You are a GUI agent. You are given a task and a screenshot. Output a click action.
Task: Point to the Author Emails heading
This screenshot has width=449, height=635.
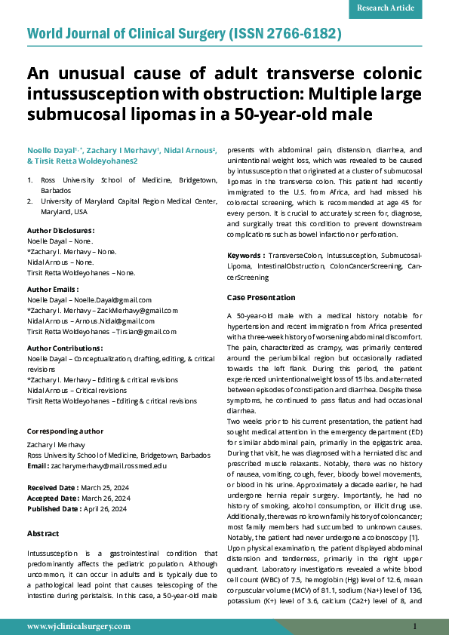point(52,289)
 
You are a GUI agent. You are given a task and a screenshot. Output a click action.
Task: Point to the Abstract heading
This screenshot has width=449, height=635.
point(43,533)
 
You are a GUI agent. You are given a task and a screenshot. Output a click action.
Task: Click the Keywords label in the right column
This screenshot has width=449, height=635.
point(245,256)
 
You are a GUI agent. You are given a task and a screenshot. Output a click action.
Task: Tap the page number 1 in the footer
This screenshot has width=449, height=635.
point(414,627)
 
